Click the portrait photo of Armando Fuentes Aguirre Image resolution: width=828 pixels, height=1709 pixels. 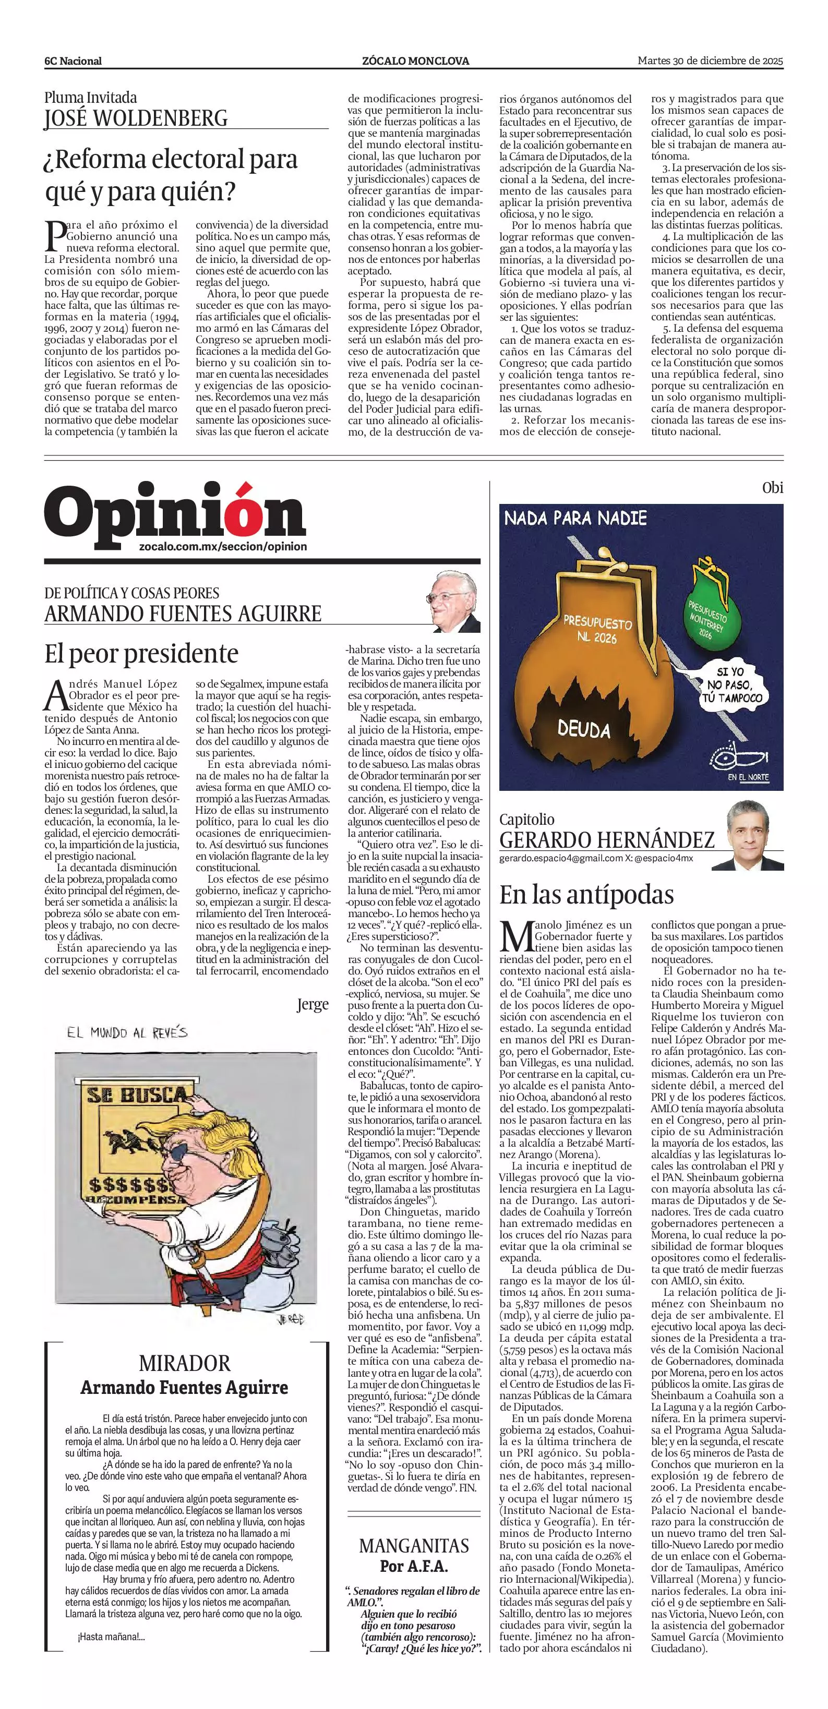pyautogui.click(x=454, y=601)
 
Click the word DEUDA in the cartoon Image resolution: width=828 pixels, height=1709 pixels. pyautogui.click(x=583, y=730)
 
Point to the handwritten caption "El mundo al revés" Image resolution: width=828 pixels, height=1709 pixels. pyautogui.click(x=127, y=1032)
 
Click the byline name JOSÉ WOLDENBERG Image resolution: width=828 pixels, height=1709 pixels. pyautogui.click(x=136, y=118)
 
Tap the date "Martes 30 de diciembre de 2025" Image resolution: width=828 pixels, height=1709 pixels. pyautogui.click(x=710, y=61)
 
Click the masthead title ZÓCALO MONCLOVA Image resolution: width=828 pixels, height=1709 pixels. pyautogui.click(x=415, y=61)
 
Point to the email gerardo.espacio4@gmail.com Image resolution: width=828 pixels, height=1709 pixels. pyautogui.click(x=561, y=859)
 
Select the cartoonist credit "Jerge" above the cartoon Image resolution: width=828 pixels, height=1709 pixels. pyautogui.click(x=313, y=1004)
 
